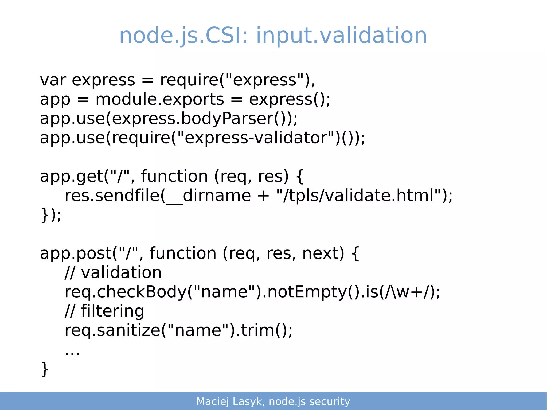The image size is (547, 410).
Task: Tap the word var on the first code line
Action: [53, 80]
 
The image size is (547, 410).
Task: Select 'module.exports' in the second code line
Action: [159, 99]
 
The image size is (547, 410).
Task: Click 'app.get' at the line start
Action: [71, 177]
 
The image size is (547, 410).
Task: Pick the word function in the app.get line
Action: [174, 177]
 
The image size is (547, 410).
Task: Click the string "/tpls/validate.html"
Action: [359, 196]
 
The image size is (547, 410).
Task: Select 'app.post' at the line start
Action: [76, 253]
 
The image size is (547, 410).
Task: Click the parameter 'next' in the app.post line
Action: [323, 253]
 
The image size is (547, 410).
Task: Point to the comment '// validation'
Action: [113, 273]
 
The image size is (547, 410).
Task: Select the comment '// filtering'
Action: [104, 311]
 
